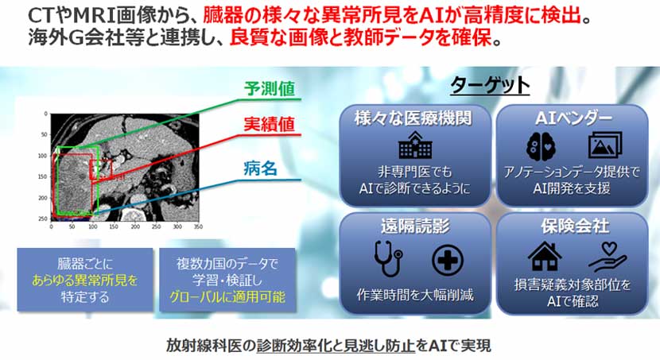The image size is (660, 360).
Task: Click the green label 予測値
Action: click(x=270, y=89)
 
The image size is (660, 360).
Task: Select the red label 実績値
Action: click(x=270, y=125)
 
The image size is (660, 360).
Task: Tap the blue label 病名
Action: click(x=261, y=168)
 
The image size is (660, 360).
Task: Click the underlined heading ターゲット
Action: click(x=490, y=86)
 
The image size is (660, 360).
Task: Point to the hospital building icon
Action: click(x=415, y=145)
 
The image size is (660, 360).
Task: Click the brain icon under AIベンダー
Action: click(x=541, y=146)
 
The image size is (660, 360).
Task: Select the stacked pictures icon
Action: click(x=605, y=145)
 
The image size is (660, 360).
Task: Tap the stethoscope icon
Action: click(x=388, y=258)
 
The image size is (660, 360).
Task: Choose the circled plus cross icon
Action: click(x=448, y=260)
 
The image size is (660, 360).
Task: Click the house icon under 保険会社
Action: click(x=545, y=256)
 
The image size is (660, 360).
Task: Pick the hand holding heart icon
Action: click(x=607, y=257)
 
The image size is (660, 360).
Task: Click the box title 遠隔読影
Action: click(x=415, y=226)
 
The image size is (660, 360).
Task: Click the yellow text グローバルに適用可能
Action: click(x=227, y=297)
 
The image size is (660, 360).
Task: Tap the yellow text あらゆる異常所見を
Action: click(x=84, y=281)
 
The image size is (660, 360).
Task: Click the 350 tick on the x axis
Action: click(x=198, y=226)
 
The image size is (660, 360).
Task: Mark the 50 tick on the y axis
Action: click(x=45, y=134)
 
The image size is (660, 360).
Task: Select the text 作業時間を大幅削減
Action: click(x=414, y=294)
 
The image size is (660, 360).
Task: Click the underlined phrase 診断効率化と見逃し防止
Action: click(x=336, y=346)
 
